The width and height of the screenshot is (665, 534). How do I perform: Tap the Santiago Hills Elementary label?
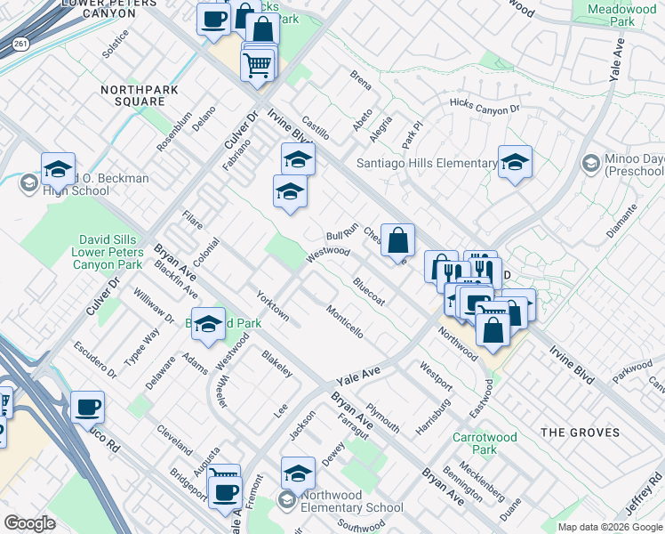(x=426, y=163)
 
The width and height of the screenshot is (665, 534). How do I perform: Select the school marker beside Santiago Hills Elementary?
(x=515, y=162)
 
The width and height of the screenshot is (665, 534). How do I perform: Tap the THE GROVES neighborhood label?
(x=580, y=433)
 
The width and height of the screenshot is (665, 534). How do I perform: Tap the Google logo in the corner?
(x=29, y=522)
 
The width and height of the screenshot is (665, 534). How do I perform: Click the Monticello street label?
(x=344, y=322)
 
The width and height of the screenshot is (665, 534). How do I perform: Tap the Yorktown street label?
(x=272, y=305)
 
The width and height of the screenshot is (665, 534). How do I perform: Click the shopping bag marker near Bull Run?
(x=398, y=241)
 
